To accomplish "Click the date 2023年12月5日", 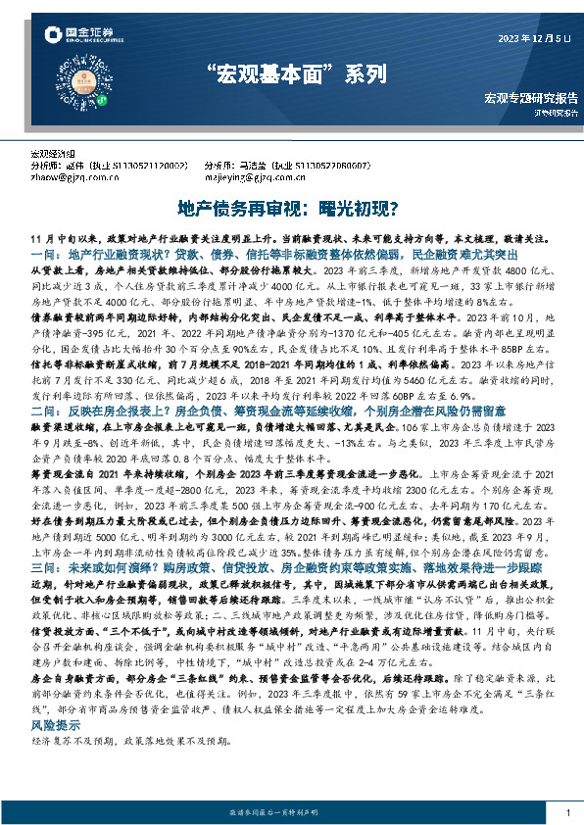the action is click(x=533, y=40).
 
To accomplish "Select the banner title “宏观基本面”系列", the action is click(x=291, y=75).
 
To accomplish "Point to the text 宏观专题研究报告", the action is click(x=530, y=98).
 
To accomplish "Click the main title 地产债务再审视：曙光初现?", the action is click(x=291, y=208).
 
